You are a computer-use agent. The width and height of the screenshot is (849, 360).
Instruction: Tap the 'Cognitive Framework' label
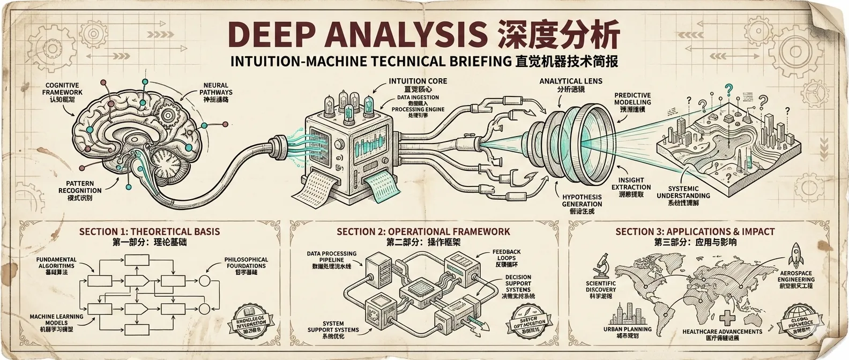click(x=62, y=88)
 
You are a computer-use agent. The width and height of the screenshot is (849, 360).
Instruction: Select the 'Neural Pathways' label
click(x=216, y=89)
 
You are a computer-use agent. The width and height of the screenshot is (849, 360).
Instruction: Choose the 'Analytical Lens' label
click(x=571, y=81)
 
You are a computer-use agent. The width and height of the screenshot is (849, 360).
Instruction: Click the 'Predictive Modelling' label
click(x=632, y=99)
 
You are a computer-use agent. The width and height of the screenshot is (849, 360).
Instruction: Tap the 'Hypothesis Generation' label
click(x=582, y=200)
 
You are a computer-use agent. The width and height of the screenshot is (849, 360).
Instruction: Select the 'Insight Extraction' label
click(x=631, y=184)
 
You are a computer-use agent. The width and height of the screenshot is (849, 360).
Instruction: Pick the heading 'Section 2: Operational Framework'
click(x=423, y=232)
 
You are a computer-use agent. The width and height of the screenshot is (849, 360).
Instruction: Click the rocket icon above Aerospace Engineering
click(x=795, y=256)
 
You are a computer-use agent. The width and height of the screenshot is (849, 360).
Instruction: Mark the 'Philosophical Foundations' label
click(x=245, y=262)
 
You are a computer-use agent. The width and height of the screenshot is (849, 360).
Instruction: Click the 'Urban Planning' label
click(x=627, y=329)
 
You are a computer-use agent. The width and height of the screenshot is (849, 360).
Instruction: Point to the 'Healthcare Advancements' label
click(x=723, y=332)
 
